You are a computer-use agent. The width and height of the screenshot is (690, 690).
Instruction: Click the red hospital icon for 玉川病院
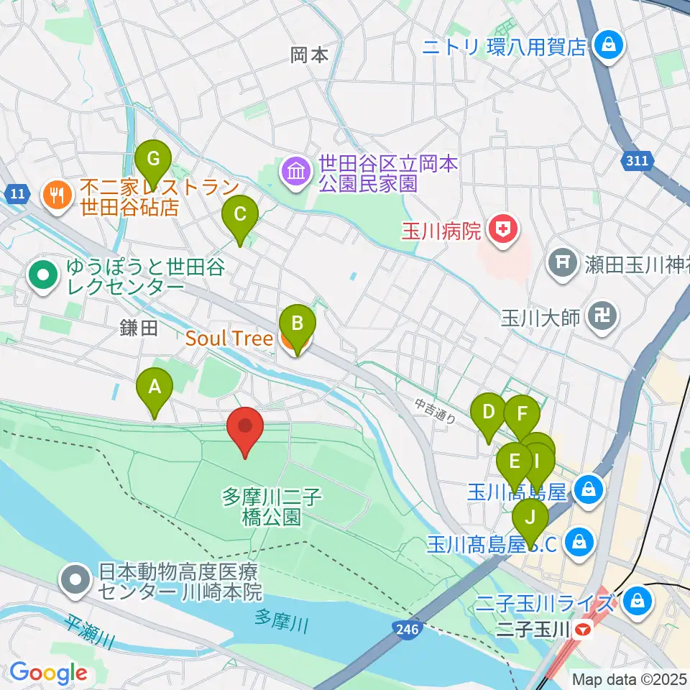(x=500, y=231)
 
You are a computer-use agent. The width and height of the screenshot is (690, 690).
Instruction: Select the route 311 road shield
(x=636, y=162)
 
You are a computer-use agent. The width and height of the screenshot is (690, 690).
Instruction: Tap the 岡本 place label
(x=310, y=55)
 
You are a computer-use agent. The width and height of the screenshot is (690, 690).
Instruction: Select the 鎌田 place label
(x=138, y=329)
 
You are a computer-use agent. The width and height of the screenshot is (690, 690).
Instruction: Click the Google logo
(x=48, y=673)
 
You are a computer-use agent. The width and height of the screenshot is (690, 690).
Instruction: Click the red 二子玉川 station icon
(x=583, y=631)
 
